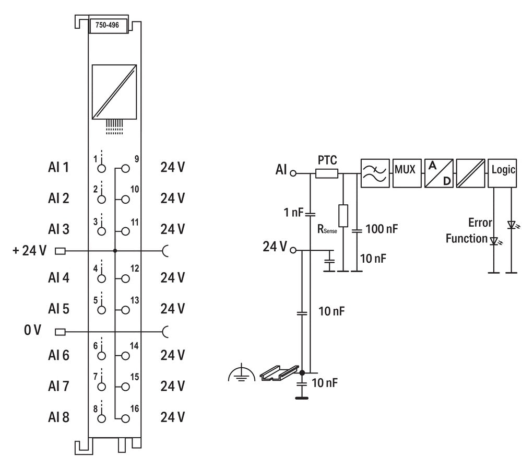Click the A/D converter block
click(438, 173)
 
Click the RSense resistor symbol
click(343, 215)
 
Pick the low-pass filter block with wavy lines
click(374, 173)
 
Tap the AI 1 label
click(58, 168)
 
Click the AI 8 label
click(58, 417)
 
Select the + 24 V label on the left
click(29, 251)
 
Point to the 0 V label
click(32, 331)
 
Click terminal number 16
click(135, 408)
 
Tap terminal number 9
click(136, 159)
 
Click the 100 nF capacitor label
click(382, 229)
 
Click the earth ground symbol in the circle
click(241, 373)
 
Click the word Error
click(480, 223)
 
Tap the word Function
click(466, 239)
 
